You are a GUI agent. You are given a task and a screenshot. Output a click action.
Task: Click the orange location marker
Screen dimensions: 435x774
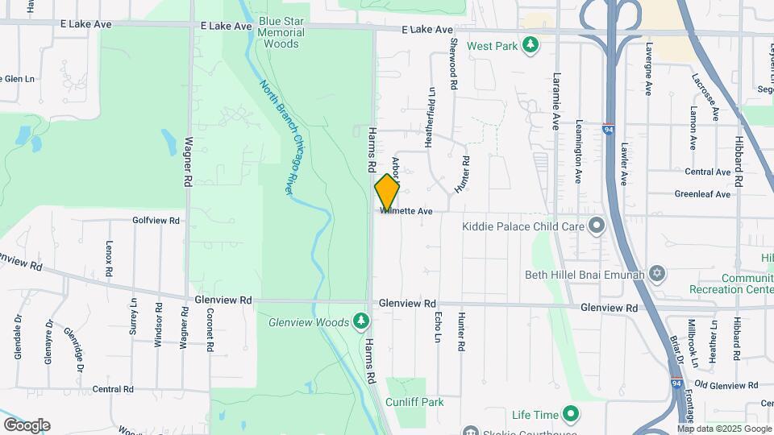point(387,192)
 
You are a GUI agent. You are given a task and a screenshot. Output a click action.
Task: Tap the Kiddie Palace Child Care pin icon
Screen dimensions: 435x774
point(597,226)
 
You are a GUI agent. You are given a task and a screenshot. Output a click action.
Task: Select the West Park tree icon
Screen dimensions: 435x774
point(530,46)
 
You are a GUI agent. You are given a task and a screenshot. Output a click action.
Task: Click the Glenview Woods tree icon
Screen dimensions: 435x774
point(362,322)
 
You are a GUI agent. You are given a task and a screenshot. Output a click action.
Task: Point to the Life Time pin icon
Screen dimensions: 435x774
point(571,416)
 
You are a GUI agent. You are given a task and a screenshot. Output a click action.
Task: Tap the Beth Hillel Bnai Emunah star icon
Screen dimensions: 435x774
point(657,274)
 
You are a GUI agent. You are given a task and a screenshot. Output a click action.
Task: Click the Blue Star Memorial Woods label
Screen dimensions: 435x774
point(281,32)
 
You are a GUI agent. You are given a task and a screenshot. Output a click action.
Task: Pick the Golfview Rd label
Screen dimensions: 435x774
point(156,220)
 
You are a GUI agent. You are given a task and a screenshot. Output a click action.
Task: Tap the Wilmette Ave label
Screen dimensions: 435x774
point(409,211)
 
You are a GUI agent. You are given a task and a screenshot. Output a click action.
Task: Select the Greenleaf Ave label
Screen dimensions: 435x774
point(702,194)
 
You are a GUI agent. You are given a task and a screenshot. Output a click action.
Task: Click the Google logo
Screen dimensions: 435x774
point(26,425)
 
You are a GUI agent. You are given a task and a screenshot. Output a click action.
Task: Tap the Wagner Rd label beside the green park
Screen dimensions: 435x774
point(188,162)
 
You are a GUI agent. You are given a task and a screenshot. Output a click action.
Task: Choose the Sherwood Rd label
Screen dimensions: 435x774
point(454,63)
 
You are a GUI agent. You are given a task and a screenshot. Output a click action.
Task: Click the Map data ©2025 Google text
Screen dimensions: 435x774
point(724,429)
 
